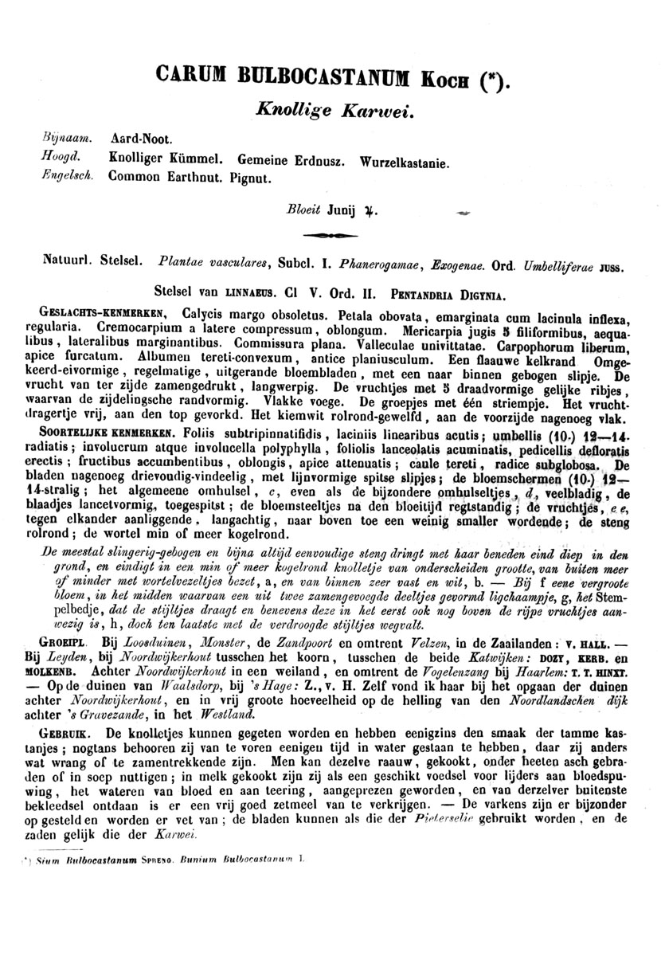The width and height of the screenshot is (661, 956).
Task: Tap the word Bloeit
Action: (x=303, y=211)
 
